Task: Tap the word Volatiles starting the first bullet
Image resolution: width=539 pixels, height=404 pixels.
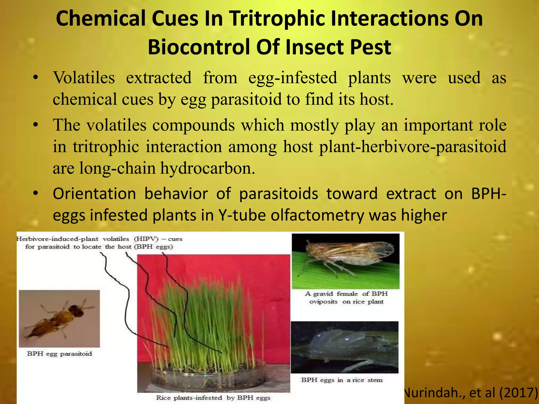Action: point(84,78)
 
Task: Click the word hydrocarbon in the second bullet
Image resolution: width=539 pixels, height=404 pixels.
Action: point(207,168)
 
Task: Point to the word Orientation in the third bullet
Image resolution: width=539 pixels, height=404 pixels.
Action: point(94,194)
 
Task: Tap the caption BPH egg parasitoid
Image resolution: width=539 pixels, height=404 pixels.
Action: point(59,354)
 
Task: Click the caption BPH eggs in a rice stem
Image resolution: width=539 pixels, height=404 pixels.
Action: point(342,380)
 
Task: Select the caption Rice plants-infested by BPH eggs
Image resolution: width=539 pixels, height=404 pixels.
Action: point(213,398)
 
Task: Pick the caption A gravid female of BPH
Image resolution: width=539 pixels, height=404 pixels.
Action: point(346,294)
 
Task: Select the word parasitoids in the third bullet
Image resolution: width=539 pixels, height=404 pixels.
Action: point(278,194)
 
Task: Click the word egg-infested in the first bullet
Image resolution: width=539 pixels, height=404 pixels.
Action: point(293,78)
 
